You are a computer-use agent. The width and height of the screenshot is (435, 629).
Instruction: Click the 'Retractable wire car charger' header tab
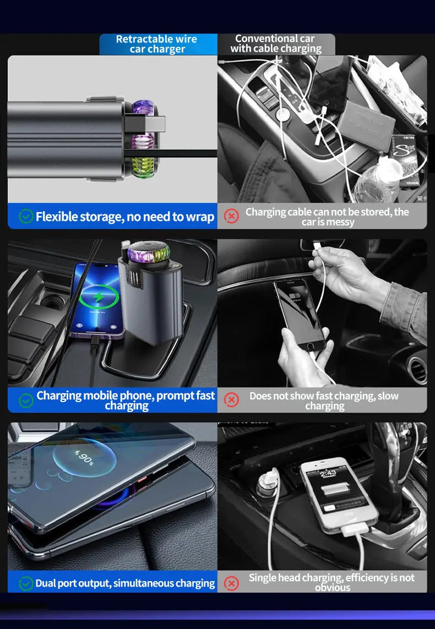156,44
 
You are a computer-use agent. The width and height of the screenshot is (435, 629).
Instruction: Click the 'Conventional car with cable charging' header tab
275,44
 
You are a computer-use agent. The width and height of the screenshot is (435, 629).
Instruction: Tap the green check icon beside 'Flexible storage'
26,216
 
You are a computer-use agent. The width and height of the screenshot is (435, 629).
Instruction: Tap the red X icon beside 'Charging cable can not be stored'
232,216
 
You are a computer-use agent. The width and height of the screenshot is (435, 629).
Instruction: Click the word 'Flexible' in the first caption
57,216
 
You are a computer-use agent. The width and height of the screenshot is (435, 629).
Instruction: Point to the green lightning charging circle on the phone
99,297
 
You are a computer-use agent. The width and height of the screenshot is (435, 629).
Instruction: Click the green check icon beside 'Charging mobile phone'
26,400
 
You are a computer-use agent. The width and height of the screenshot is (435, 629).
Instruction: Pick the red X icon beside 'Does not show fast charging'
232,400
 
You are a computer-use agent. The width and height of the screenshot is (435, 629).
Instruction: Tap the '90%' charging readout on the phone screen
85,458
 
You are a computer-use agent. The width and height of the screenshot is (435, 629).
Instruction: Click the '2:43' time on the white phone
328,473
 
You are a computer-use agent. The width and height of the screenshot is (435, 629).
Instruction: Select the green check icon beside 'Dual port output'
26,583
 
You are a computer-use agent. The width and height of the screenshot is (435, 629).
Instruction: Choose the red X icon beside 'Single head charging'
232,583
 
